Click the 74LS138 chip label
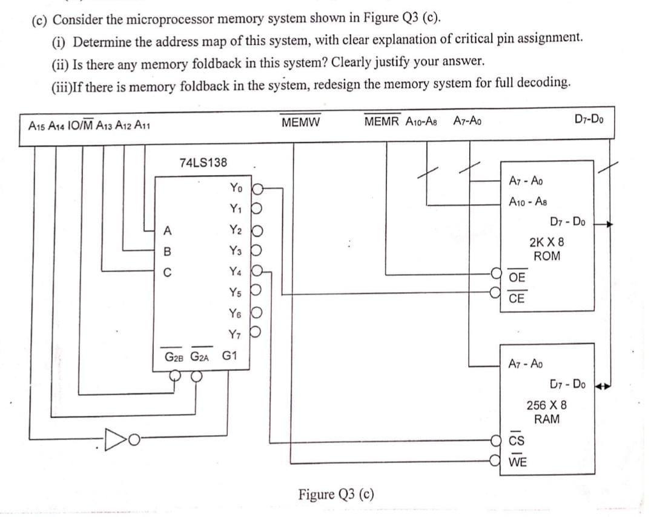point(203,162)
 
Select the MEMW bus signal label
point(301,121)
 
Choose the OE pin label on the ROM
point(517,277)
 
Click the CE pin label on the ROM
point(517,298)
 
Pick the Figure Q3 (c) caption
point(336,495)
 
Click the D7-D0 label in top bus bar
point(588,118)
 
